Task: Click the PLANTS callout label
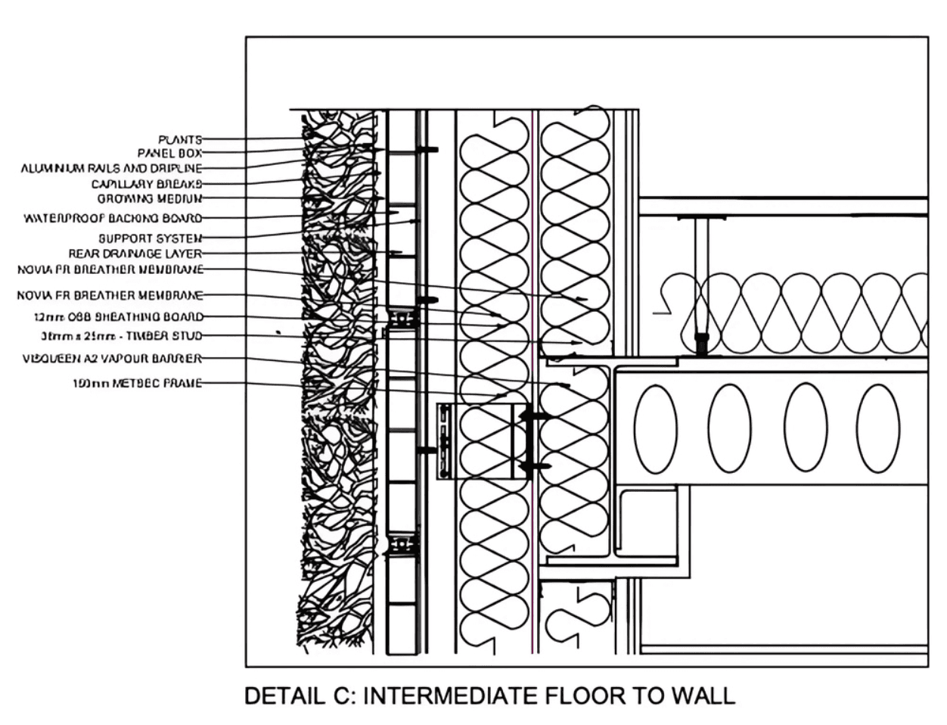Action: coord(180,139)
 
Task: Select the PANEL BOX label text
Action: coord(169,154)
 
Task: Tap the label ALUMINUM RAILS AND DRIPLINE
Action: coord(111,169)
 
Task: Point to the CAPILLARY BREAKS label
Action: coord(147,184)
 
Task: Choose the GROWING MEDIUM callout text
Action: coord(150,199)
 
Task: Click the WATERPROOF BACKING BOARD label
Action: coord(113,219)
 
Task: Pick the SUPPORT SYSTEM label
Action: coord(150,238)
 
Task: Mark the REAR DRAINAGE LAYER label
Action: coord(135,254)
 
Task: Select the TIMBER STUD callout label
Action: coord(122,336)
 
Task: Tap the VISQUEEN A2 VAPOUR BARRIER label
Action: coord(112,359)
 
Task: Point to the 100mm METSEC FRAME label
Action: coord(137,384)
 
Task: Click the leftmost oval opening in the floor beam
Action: coord(655,428)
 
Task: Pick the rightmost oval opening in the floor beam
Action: coord(877,428)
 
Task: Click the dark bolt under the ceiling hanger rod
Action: coord(701,344)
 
